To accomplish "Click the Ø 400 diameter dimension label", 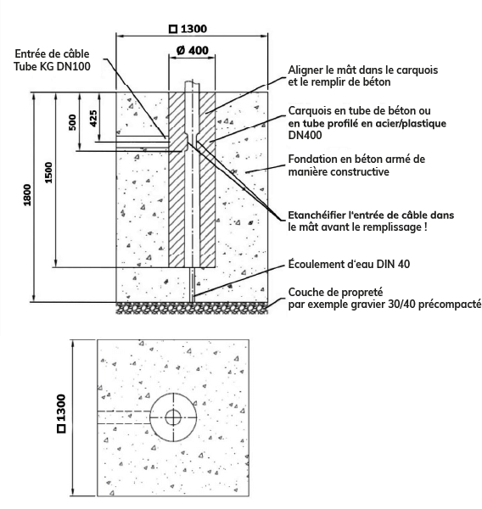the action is tap(193, 51).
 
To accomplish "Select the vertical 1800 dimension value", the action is tap(27, 195).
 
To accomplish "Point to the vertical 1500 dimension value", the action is tap(48, 173).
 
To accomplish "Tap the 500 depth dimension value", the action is tap(72, 122).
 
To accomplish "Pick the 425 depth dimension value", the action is tap(93, 119).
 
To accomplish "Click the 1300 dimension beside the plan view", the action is tap(61, 413).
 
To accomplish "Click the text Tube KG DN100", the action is tap(52, 66).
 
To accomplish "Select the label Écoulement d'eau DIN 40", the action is tap(349, 264).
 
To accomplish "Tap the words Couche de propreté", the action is tap(335, 292).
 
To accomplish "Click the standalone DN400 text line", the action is tap(305, 135).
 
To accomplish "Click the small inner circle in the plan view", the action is tap(173, 417).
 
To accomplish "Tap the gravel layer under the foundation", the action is tap(193, 308).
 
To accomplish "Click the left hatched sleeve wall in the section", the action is tap(177, 180).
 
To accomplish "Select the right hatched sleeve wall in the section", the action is tap(207, 180).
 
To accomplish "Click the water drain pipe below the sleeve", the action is tap(193, 285).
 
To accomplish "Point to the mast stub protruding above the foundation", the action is tap(192, 87).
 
